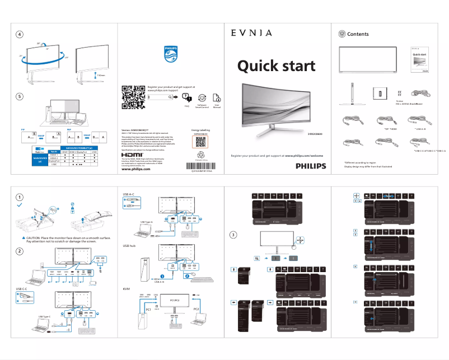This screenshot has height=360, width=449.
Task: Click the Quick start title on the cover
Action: [276, 66]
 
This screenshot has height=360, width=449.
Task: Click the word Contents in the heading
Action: [358, 34]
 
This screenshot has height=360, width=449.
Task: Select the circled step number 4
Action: [20, 34]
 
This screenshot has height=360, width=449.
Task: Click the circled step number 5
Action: [20, 96]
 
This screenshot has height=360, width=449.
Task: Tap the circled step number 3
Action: [233, 235]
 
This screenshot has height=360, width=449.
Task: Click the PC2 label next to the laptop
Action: [197, 308]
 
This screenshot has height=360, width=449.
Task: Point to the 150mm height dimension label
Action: [101, 74]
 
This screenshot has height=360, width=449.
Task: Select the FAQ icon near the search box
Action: [186, 97]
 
